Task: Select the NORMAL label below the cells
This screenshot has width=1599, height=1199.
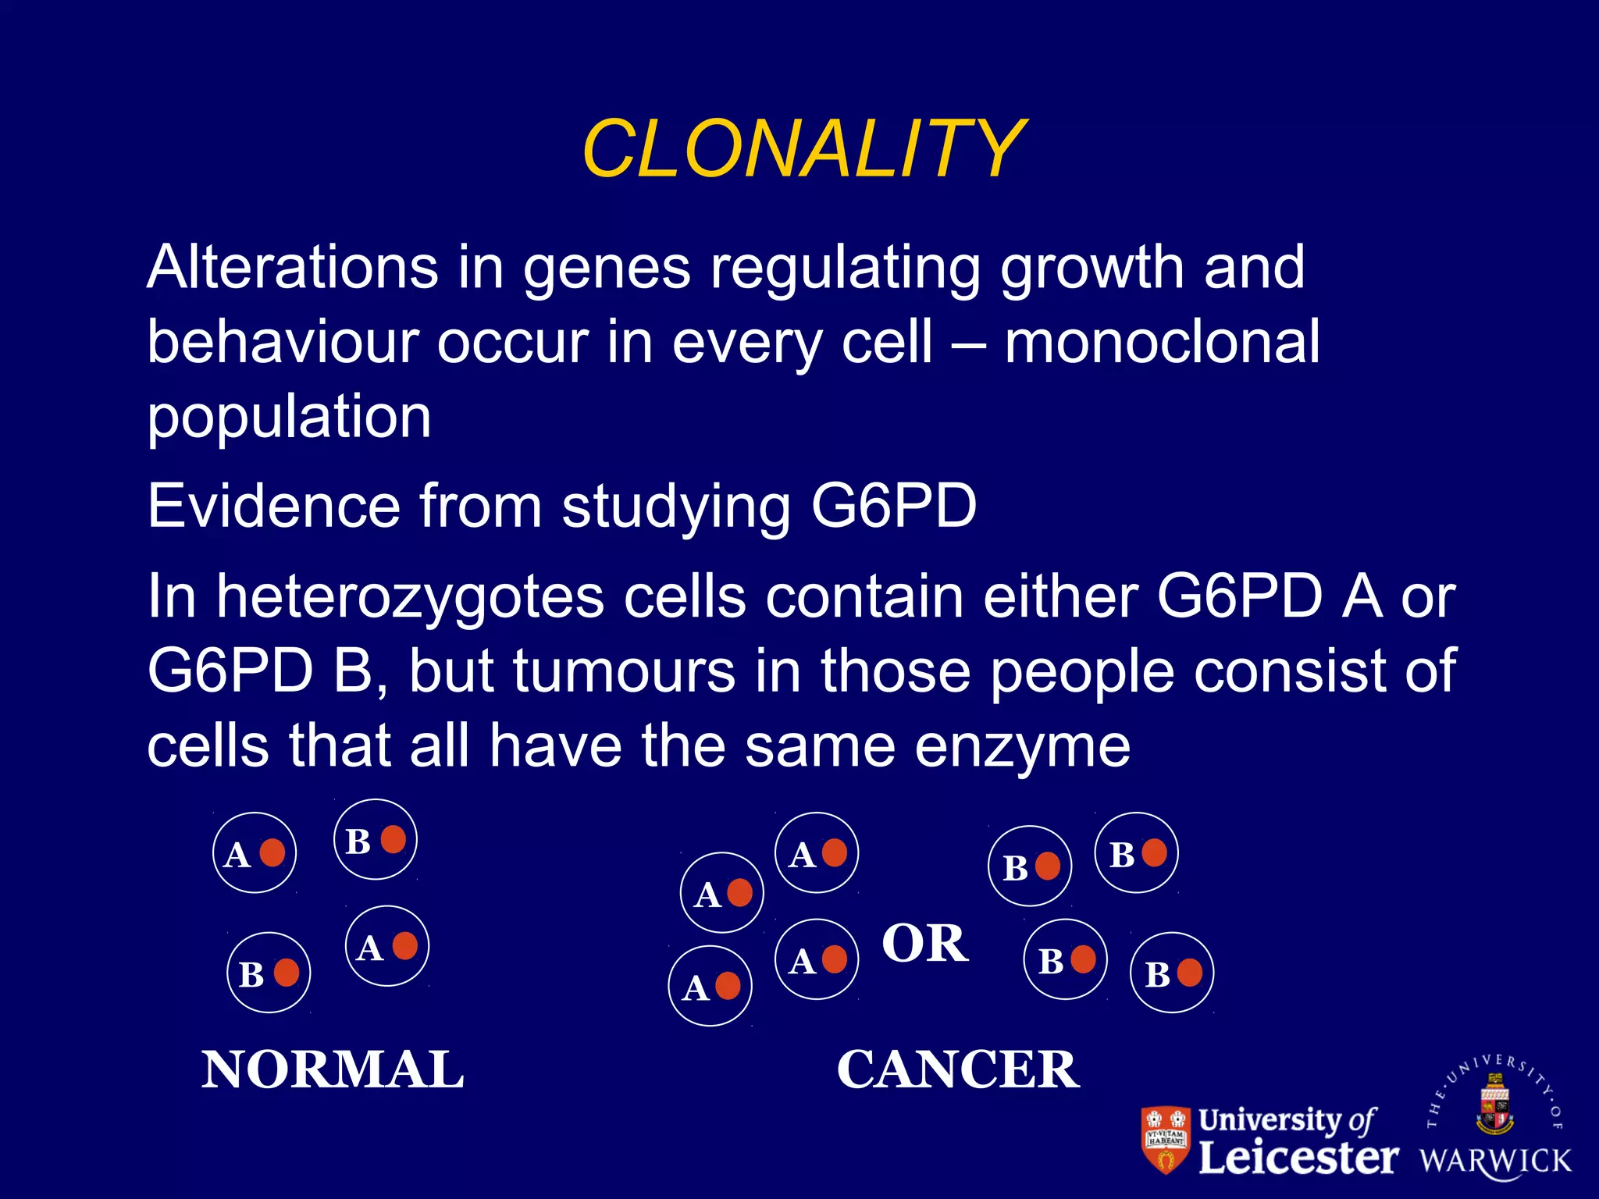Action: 333,1069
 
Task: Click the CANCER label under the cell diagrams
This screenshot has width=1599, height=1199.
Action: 958,1069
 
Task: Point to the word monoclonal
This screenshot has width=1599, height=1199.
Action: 1162,342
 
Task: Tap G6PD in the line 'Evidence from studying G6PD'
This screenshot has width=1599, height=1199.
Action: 894,506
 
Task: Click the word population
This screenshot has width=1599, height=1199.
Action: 289,418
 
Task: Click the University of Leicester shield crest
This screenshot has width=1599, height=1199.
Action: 1166,1140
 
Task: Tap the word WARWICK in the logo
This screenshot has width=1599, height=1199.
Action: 1495,1161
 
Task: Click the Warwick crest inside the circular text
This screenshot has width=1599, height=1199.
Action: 1494,1105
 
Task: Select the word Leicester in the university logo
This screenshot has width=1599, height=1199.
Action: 1298,1157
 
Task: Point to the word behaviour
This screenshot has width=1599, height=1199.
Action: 281,342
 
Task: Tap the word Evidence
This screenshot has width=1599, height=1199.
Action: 274,506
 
